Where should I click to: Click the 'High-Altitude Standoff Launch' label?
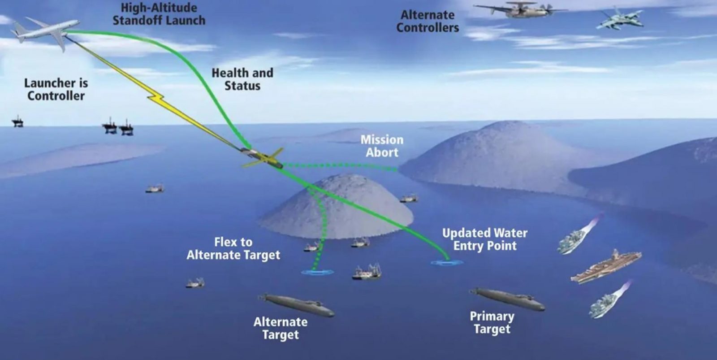159,14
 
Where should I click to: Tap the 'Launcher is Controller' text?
56,89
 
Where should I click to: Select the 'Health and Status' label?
242,79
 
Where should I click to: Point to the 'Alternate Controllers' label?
428,21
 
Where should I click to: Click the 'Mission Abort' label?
382,146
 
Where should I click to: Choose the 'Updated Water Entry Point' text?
484,239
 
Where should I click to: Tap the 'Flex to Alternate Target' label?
233,248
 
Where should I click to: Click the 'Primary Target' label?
492,322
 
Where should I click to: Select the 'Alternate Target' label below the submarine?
281,328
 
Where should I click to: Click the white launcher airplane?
45,32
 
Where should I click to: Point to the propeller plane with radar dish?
520,9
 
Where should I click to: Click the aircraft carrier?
606,267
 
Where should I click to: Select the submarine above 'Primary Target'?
507,299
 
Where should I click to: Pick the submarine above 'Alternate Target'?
296,305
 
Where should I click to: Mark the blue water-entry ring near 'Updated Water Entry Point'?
447,263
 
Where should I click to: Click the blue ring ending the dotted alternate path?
317,272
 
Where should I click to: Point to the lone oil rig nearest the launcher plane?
17,121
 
